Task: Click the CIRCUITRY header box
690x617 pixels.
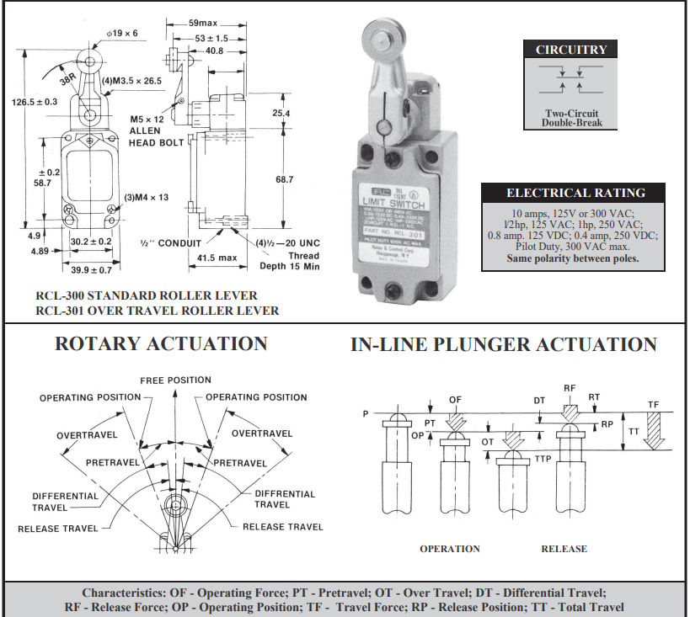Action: [571, 50]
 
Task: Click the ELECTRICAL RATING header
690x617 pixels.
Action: [576, 193]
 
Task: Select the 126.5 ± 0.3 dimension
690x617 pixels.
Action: [35, 102]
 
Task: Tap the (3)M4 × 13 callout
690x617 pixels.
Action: [147, 198]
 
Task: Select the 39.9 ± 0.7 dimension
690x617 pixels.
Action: [89, 270]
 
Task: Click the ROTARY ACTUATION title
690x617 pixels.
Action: [161, 344]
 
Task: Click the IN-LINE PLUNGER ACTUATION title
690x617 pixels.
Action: [503, 344]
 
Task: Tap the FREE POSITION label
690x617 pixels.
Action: [176, 380]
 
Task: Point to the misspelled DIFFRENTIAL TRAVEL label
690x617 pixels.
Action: [284, 499]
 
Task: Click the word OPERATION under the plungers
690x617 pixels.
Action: [450, 549]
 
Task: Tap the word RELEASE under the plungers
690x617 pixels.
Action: [564, 549]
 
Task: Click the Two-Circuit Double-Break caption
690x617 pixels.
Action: [571, 118]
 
